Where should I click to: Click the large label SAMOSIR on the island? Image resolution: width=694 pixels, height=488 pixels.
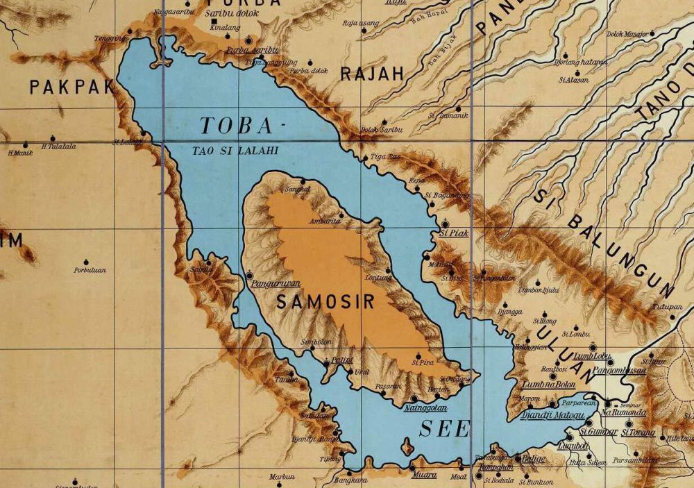[325, 302]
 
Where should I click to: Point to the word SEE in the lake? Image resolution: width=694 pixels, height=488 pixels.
[444, 429]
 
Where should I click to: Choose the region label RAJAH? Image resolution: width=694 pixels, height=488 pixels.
[372, 74]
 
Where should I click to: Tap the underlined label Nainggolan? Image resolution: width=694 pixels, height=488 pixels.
[425, 408]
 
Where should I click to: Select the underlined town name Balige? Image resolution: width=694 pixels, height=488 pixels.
[532, 459]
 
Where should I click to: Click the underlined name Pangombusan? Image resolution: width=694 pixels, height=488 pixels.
[617, 371]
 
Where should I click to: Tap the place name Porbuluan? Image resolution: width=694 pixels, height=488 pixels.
[90, 270]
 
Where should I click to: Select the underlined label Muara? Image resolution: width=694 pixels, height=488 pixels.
[424, 476]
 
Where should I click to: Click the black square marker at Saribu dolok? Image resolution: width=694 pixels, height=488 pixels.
[213, 23]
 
